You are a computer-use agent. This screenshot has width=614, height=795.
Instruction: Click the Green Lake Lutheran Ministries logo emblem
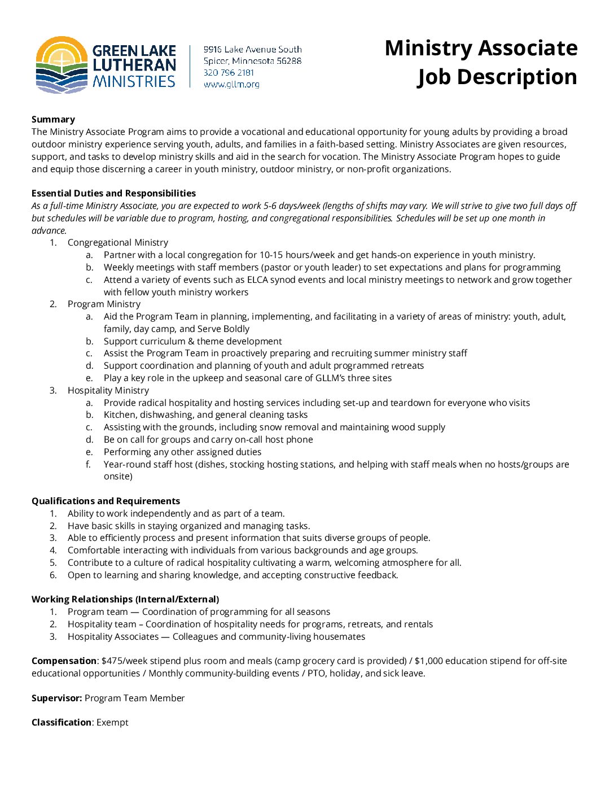62,65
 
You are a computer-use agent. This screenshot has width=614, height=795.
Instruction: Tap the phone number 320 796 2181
229,73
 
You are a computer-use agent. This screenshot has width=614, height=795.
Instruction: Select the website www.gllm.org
231,84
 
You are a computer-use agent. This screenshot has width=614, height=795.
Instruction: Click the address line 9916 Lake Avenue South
252,50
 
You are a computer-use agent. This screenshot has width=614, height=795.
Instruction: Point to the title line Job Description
497,77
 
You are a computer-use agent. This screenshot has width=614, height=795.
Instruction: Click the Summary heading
53,120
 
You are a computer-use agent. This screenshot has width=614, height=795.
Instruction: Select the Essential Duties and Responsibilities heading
113,194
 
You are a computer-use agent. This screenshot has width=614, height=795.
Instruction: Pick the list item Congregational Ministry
117,243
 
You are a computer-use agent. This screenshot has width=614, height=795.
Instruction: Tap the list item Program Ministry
104,304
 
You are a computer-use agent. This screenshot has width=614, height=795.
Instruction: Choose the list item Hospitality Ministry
108,391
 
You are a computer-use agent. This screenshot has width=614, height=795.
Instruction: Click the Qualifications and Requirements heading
106,501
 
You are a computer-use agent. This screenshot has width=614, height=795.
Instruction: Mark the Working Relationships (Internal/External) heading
125,600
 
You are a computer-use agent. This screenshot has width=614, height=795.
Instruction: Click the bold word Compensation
64,661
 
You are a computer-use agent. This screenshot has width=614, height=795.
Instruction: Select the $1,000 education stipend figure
432,661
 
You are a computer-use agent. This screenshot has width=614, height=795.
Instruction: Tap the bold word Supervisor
56,698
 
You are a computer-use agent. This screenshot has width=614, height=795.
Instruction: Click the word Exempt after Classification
112,723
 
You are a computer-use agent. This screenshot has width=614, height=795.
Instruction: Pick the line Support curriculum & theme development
192,342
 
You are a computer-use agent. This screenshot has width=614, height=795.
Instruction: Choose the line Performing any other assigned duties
182,452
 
